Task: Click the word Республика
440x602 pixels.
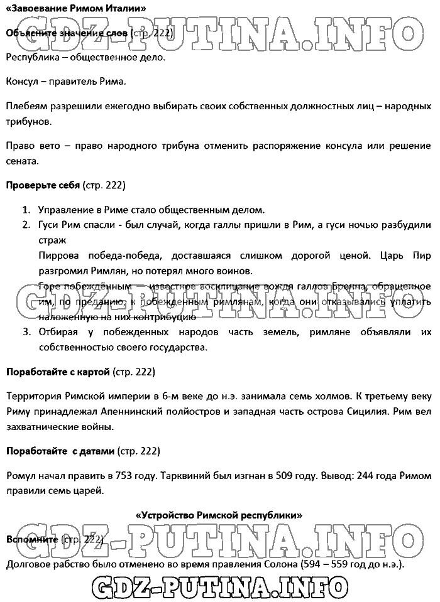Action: [31, 58]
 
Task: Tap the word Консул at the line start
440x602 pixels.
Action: [23, 82]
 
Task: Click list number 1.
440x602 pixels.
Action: [26, 210]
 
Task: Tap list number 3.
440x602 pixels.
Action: [26, 331]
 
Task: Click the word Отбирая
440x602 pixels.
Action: [60, 331]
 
